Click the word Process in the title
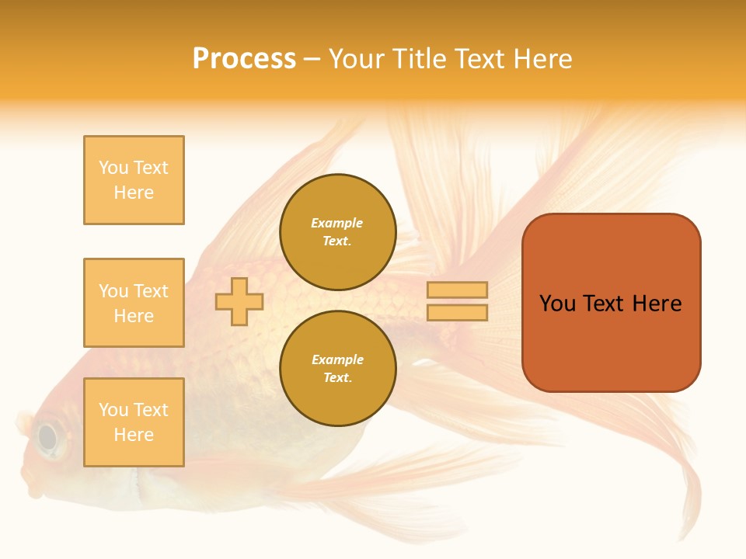244,59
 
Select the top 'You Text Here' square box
134,180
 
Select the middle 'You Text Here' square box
134,303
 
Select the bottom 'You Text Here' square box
134,422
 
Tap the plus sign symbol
239,301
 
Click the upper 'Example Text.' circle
338,232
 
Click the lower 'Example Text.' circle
338,369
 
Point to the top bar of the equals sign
457,290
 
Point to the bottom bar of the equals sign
457,312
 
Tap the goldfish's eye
48,437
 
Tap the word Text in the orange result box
609,304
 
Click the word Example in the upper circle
337,224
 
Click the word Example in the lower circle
337,360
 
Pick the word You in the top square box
113,168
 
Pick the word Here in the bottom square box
134,435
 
